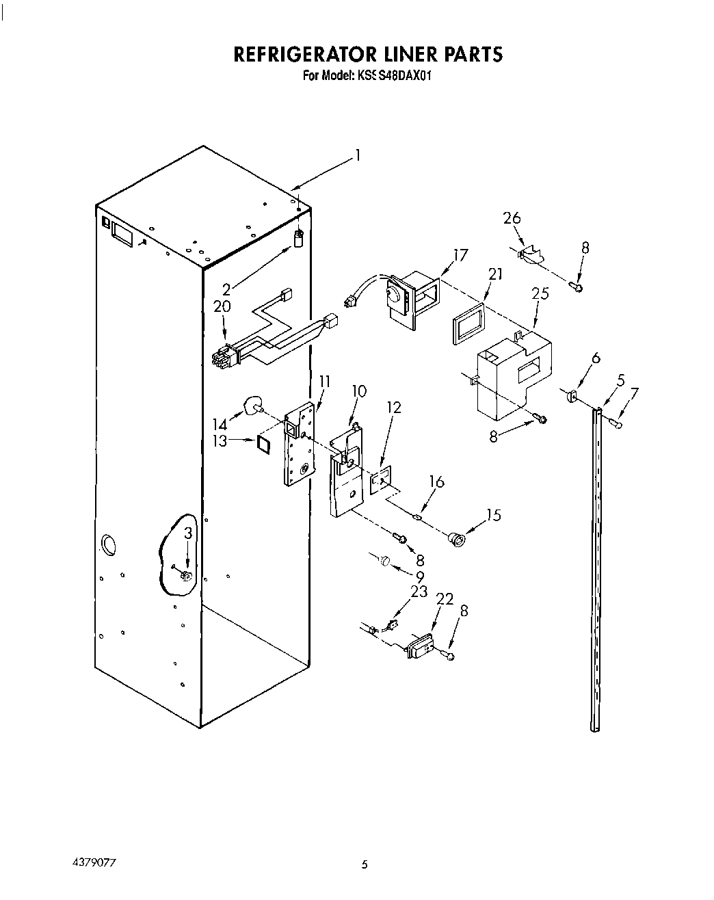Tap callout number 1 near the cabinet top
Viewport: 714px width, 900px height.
(x=356, y=155)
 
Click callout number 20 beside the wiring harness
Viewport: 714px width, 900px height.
(x=222, y=307)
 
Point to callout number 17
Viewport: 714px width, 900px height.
(x=461, y=255)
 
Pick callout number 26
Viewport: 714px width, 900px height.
(x=512, y=218)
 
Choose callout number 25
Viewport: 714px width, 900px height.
(x=540, y=294)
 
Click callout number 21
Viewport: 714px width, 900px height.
(x=495, y=274)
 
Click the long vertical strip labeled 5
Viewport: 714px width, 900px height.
(x=594, y=568)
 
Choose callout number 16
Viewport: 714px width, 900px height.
(x=436, y=483)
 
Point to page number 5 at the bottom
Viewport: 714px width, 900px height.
(x=365, y=865)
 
